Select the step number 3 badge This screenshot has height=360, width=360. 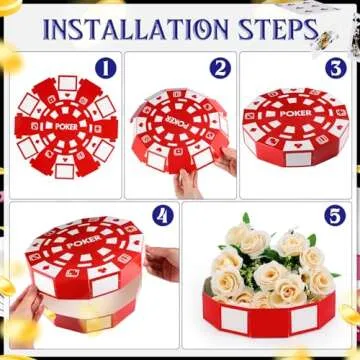(336, 68)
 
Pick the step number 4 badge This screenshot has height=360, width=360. (162, 215)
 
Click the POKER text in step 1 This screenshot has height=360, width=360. (65, 127)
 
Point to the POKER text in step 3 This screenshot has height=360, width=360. (295, 114)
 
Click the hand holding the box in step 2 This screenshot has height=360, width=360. (188, 182)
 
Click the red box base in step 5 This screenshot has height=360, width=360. (270, 320)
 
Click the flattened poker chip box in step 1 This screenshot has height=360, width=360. (65, 125)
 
